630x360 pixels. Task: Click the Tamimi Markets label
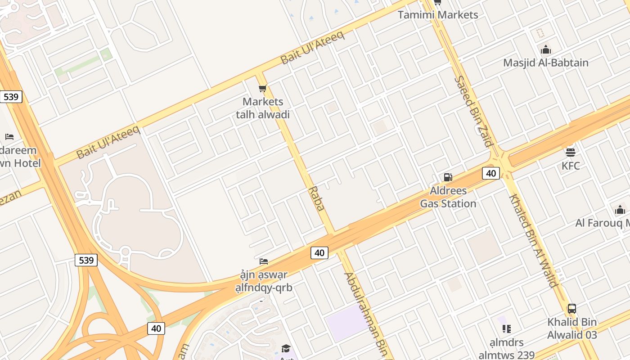[438, 15]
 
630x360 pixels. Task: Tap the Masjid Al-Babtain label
[545, 63]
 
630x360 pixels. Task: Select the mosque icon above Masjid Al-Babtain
[546, 49]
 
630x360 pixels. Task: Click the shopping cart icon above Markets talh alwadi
[263, 88]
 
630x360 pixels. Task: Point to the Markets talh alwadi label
[263, 108]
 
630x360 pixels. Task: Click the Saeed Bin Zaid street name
[473, 111]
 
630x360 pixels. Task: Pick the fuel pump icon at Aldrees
[448, 177]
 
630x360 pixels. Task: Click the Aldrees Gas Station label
[448, 197]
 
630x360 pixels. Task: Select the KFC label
[571, 166]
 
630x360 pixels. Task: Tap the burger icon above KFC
[571, 152]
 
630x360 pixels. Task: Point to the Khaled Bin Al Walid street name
[533, 241]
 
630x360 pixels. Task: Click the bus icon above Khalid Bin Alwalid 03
[572, 309]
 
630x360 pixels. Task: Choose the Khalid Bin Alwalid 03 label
[572, 328]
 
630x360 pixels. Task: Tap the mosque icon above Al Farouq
[620, 210]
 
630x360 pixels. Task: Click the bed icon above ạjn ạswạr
[264, 261]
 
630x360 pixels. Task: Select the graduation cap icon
[286, 348]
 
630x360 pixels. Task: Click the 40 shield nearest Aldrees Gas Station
[490, 173]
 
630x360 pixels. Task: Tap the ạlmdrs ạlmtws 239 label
[506, 349]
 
